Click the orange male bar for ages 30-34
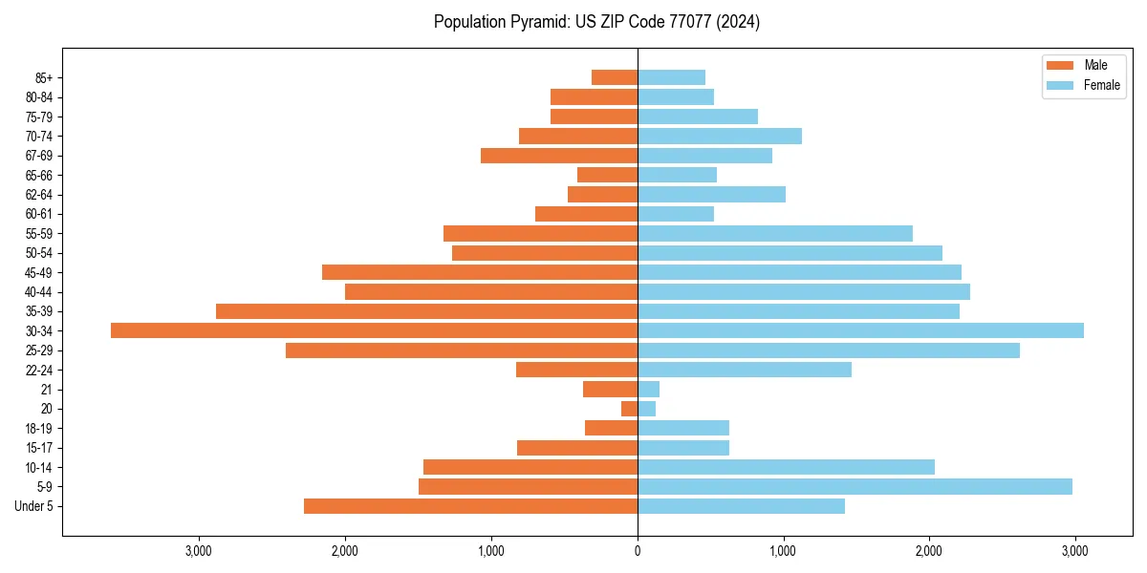(374, 330)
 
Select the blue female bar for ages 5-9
(855, 486)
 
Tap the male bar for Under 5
(470, 506)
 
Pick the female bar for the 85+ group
(671, 77)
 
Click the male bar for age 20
(629, 409)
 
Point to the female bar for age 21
(648, 389)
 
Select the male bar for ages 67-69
(559, 156)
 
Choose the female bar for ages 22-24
(744, 370)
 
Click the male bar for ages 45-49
(480, 272)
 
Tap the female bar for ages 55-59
(774, 233)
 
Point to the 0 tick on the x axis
(638, 551)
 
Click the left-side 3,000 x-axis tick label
(199, 551)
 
